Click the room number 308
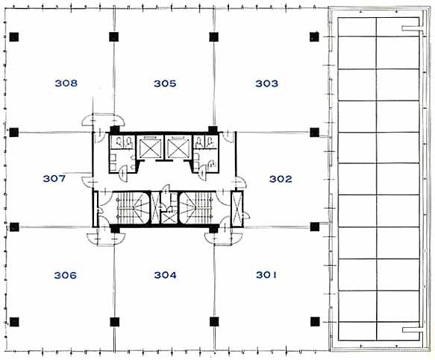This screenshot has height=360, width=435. (x=66, y=83)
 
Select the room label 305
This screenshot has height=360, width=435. (x=165, y=83)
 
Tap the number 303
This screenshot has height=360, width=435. (x=266, y=83)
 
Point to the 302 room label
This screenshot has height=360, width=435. (x=281, y=179)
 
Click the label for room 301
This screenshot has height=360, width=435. (x=266, y=275)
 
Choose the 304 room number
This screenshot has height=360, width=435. (x=166, y=275)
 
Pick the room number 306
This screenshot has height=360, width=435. (x=66, y=276)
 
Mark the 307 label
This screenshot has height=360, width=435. (x=54, y=178)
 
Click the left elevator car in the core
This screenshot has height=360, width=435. (x=150, y=148)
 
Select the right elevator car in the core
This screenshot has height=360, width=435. (x=178, y=148)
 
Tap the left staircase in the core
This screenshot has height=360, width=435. (x=131, y=207)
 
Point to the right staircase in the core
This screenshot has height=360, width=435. (x=197, y=207)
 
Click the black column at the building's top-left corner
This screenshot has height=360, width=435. (x=14, y=37)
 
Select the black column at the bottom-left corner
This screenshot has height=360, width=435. (x=14, y=322)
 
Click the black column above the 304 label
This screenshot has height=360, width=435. (x=115, y=229)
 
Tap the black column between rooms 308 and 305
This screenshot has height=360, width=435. (x=113, y=37)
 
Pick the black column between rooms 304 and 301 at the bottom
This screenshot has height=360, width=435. (x=214, y=322)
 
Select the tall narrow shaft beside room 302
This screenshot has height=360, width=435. (x=237, y=209)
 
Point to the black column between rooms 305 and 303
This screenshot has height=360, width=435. (x=213, y=37)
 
